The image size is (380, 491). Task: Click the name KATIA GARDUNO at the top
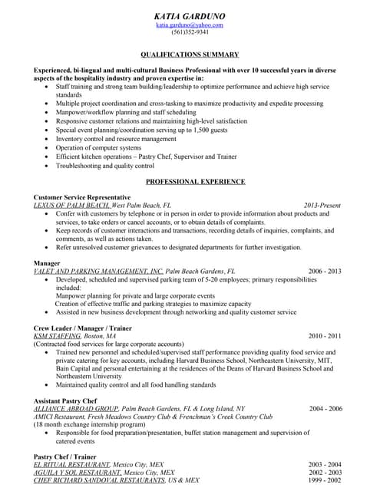(x=190, y=15)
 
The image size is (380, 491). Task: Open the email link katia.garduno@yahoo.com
(x=190, y=25)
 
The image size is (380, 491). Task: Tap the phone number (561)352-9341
(x=190, y=33)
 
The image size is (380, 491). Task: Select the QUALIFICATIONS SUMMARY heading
(x=190, y=55)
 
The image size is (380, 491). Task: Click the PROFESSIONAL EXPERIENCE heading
(x=196, y=182)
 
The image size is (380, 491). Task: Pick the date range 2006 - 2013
(x=325, y=272)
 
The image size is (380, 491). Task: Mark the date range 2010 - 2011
(x=325, y=336)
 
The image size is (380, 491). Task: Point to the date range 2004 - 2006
(x=325, y=409)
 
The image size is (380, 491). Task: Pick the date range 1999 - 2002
(x=325, y=480)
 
